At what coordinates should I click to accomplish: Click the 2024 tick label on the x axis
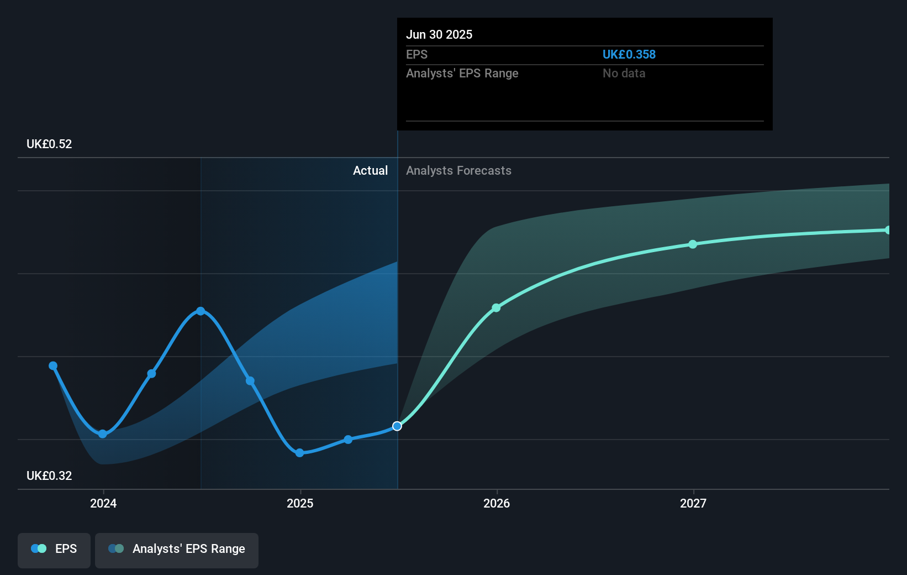click(103, 503)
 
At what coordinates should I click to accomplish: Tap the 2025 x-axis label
click(300, 503)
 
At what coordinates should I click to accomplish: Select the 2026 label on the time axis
click(497, 503)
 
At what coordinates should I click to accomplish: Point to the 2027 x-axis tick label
click(693, 503)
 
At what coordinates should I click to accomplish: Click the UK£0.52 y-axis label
click(49, 144)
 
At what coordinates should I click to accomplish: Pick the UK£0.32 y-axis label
click(49, 476)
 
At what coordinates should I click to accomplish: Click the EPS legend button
click(54, 549)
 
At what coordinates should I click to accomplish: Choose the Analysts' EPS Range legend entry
click(177, 549)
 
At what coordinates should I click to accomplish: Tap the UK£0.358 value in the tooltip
click(629, 55)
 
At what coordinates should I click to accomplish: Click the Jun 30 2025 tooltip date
click(439, 35)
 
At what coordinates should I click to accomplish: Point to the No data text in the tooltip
click(624, 74)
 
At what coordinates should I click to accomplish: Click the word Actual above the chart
click(370, 171)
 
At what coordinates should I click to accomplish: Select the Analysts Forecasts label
click(458, 171)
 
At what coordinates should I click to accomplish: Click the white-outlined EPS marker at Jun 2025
click(397, 426)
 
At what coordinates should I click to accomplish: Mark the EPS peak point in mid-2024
click(201, 311)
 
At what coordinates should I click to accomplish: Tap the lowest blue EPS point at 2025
click(299, 453)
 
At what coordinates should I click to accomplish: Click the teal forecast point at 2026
click(496, 308)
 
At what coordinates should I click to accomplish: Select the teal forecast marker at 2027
click(693, 244)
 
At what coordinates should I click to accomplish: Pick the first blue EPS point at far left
click(53, 366)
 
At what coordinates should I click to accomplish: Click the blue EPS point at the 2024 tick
click(103, 434)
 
